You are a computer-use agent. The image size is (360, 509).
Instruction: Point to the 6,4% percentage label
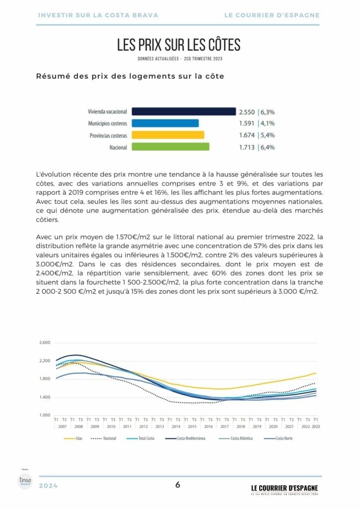click(x=268, y=147)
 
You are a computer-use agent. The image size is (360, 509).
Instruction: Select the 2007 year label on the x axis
click(x=63, y=426)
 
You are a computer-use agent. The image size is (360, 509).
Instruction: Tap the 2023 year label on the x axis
click(x=315, y=426)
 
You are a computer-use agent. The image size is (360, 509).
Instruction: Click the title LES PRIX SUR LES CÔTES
click(x=179, y=45)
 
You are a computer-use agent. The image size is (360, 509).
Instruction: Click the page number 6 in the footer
click(x=178, y=485)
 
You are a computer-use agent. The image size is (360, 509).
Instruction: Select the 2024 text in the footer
click(x=48, y=486)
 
